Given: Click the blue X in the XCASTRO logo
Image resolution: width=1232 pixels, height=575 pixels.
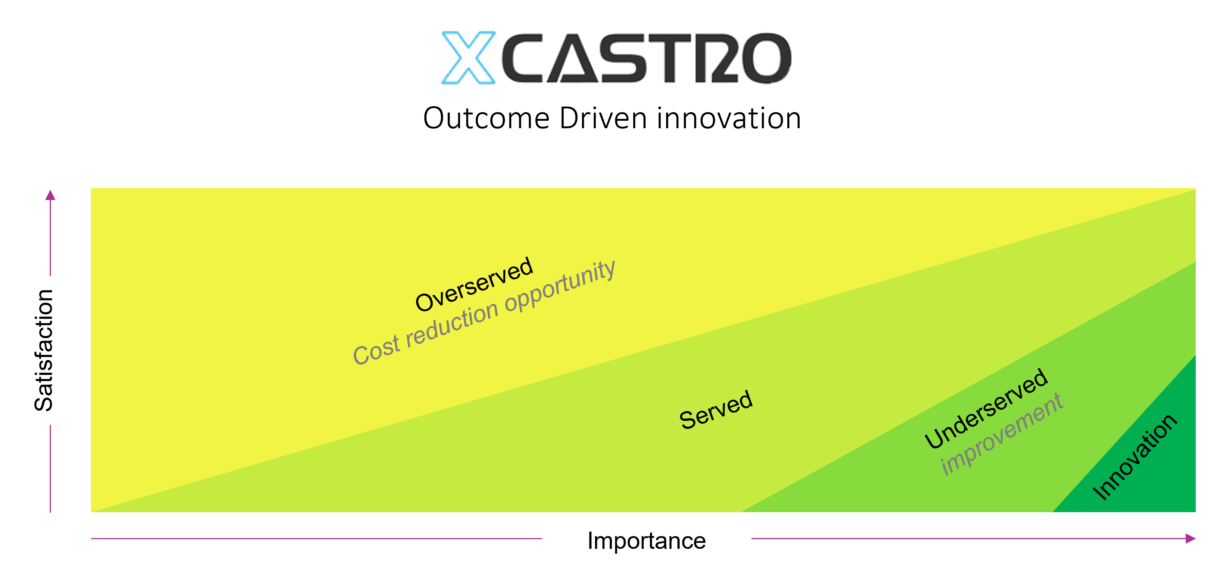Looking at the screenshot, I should (x=469, y=57).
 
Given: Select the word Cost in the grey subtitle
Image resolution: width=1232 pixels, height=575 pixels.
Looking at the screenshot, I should (x=376, y=350).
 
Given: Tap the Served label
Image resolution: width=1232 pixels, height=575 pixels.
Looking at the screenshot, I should (x=716, y=410).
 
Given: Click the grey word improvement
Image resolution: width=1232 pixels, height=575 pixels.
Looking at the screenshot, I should (x=1002, y=435).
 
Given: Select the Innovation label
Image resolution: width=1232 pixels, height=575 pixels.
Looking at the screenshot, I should (x=1134, y=457).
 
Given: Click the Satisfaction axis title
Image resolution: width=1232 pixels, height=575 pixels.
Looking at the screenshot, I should (x=44, y=350).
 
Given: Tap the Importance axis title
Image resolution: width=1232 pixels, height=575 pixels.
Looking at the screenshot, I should (x=646, y=541).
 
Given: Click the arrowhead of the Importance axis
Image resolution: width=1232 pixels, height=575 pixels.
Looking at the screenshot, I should (x=1191, y=539).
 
